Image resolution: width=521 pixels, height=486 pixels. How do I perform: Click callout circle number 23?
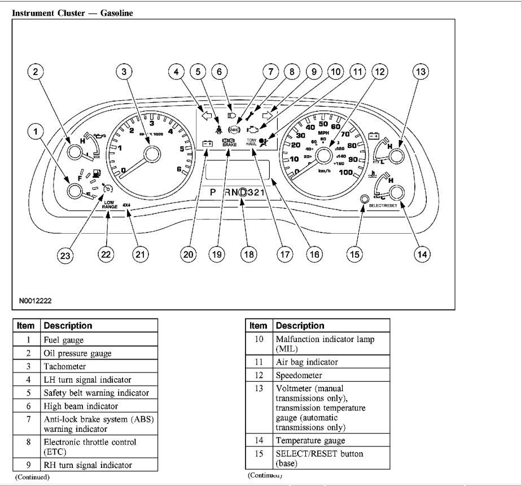[67, 255]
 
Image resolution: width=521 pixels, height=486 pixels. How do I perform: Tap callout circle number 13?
[420, 72]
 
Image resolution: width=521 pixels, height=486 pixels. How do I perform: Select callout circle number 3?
[124, 72]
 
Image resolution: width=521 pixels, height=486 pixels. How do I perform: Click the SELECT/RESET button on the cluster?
[364, 199]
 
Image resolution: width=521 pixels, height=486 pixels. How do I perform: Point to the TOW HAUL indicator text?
[252, 142]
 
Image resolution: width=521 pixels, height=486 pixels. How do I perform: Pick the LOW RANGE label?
[110, 205]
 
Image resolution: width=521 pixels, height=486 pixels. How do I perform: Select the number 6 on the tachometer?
[179, 169]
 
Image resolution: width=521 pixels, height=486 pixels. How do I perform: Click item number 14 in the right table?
[259, 440]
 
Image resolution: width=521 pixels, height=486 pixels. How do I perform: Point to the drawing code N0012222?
[35, 301]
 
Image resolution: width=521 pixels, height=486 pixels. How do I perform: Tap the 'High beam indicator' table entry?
[81, 406]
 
